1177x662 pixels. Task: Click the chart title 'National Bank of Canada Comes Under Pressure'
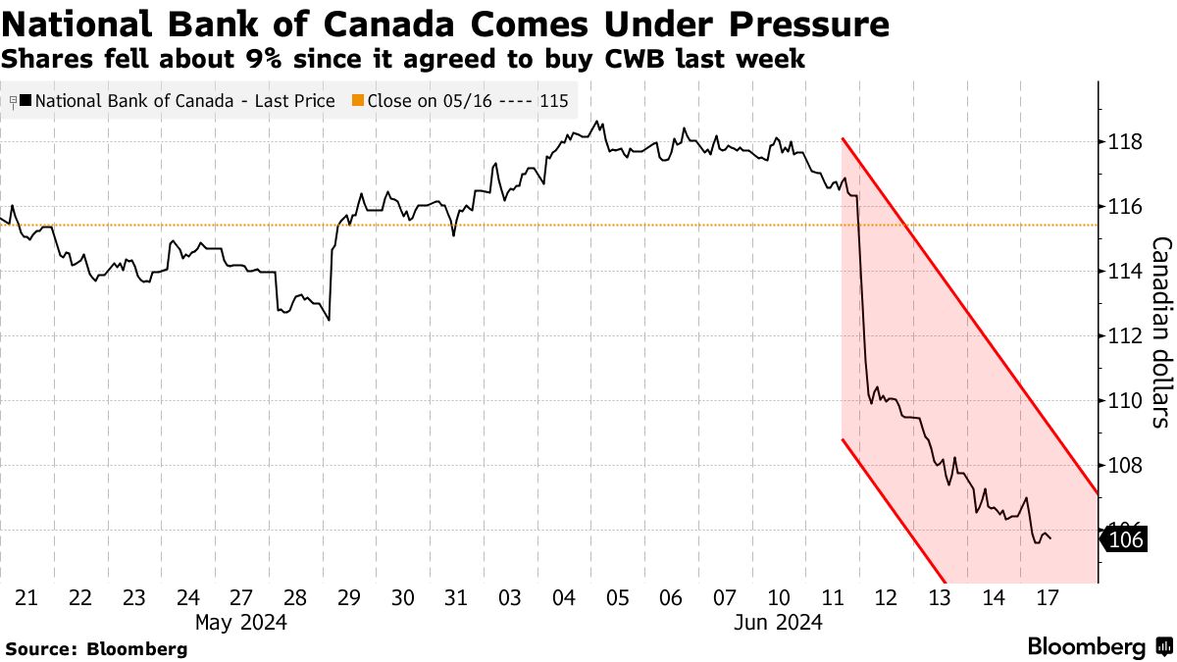click(x=445, y=24)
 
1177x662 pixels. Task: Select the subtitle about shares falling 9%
click(x=403, y=59)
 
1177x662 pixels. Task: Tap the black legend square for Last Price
click(x=26, y=101)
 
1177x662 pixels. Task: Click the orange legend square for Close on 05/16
click(x=358, y=101)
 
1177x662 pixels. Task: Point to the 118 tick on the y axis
click(x=1122, y=143)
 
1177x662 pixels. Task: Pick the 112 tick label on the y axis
click(x=1122, y=336)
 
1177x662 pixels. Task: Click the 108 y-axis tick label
click(x=1122, y=465)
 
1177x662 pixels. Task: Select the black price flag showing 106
click(x=1124, y=538)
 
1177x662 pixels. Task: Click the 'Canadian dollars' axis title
click(x=1160, y=331)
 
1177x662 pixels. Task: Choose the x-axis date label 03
click(x=510, y=598)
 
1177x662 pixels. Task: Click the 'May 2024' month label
click(x=241, y=622)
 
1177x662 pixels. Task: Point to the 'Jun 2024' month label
click(x=779, y=622)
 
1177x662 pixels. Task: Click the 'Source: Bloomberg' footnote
click(x=96, y=648)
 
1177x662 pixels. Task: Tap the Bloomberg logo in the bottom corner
click(x=1099, y=647)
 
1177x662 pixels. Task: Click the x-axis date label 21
click(x=27, y=598)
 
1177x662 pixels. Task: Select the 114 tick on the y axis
click(x=1122, y=272)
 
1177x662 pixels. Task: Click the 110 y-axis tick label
click(x=1122, y=400)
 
